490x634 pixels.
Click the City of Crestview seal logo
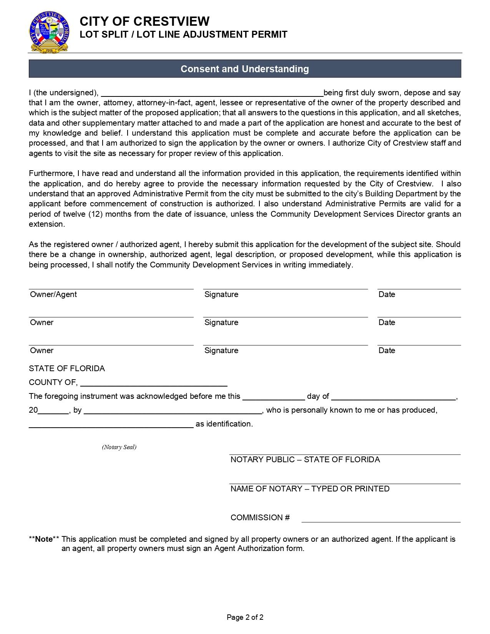[x=49, y=32]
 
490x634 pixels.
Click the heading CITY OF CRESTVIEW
[x=145, y=21]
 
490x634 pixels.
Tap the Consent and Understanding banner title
[x=245, y=69]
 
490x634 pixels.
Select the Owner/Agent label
[x=53, y=294]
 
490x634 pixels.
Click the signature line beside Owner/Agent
[x=285, y=286]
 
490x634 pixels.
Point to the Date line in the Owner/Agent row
[x=419, y=286]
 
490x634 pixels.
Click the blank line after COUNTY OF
[x=154, y=383]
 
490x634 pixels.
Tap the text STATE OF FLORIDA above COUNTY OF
[x=67, y=368]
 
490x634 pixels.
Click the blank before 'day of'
[x=274, y=397]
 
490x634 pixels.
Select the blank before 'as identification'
[x=111, y=424]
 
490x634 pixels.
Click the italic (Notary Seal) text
[x=119, y=447]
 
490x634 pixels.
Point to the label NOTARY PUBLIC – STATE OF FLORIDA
[x=305, y=460]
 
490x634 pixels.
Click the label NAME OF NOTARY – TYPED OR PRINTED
[x=310, y=489]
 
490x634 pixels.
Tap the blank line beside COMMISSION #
[x=381, y=519]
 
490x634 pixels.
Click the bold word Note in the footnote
[x=44, y=539]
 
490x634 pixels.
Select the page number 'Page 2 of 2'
[x=245, y=617]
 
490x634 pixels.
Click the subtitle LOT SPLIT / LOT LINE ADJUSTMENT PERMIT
[x=183, y=35]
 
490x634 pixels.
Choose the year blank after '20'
[x=53, y=410]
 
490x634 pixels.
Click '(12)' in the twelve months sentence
[x=95, y=214]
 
